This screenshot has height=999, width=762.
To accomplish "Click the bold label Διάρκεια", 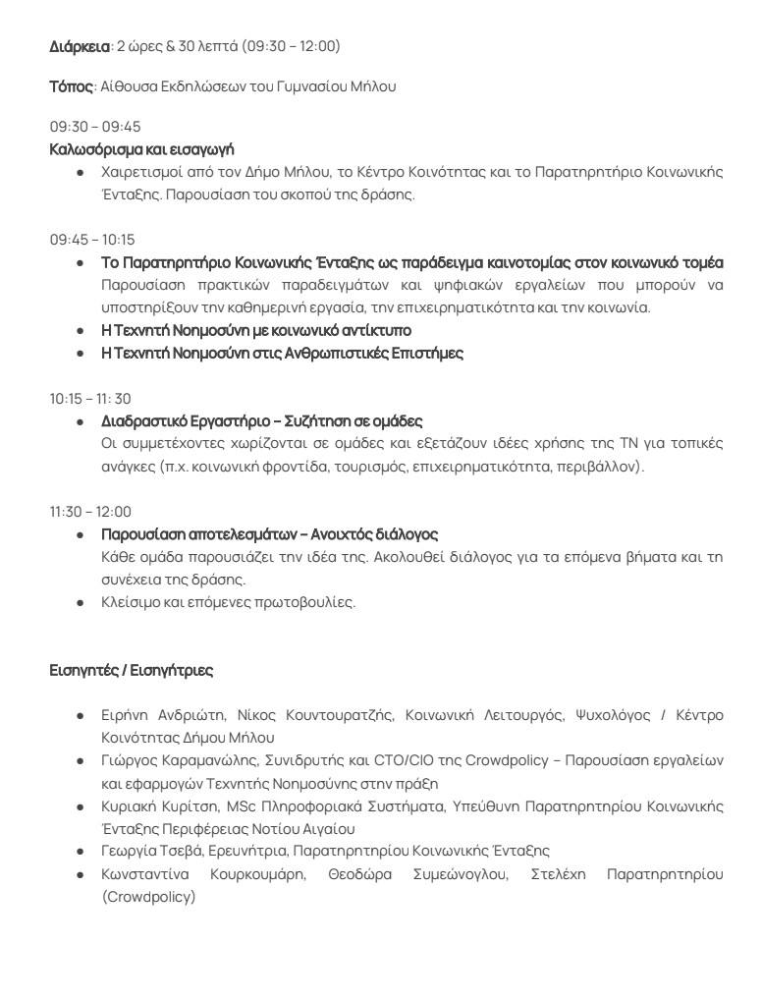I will tap(80, 46).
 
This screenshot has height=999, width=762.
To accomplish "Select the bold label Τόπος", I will tap(72, 86).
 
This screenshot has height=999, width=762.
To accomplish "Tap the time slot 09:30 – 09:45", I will tap(95, 127).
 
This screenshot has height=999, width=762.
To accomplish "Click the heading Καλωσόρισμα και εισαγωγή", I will tap(141, 148).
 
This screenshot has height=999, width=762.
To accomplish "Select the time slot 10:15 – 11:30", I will tap(90, 399).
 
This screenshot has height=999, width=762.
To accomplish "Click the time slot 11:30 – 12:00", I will tap(90, 512).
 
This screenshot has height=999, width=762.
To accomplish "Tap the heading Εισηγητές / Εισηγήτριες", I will tap(132, 671).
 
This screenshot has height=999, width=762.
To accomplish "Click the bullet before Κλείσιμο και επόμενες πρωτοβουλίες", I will tap(81, 602).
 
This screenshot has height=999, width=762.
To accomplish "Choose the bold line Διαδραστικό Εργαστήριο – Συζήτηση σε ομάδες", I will tap(262, 420).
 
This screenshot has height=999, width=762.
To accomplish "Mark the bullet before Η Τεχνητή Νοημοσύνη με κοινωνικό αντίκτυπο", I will tap(81, 330).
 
